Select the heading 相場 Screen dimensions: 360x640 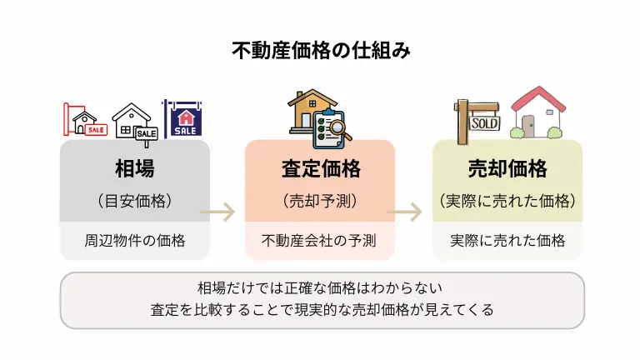click(x=134, y=169)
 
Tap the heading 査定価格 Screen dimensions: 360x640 click(x=320, y=169)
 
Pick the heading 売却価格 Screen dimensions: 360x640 click(x=507, y=169)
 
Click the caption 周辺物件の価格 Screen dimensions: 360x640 click(x=134, y=241)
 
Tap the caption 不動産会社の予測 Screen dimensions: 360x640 click(x=320, y=241)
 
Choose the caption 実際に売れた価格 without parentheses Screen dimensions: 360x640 click(x=507, y=241)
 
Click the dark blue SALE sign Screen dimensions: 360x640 click(x=184, y=119)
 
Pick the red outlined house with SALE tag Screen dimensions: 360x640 click(x=86, y=122)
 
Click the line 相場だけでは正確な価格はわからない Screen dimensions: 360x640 click(x=320, y=288)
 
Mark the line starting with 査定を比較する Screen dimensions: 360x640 click(x=320, y=310)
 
